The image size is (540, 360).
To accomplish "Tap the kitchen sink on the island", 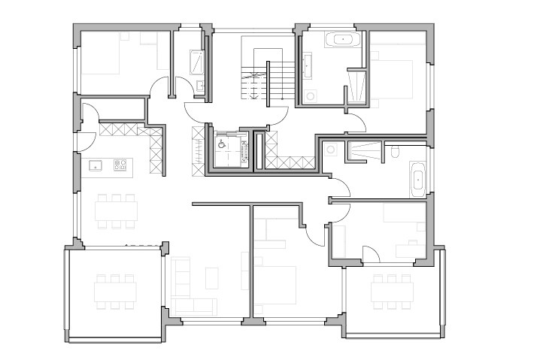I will pos(96,165).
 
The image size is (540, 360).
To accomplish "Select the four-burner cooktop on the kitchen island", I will pos(120,165).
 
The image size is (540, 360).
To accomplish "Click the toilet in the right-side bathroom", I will pos(396,153).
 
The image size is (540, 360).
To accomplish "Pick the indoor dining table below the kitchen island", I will pos(116,210).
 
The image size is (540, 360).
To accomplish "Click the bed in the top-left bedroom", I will pos(101,56).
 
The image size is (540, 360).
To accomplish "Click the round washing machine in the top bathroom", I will pos(310,96).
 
